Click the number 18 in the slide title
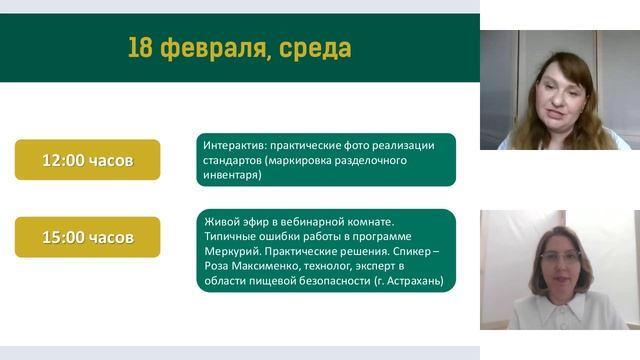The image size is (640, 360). click(x=141, y=48)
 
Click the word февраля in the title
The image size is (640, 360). click(x=211, y=48)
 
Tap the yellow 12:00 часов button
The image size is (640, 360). click(x=87, y=160)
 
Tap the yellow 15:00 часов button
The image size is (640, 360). click(x=87, y=237)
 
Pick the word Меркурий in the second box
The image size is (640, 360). click(x=229, y=252)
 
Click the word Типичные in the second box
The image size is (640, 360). click(x=231, y=236)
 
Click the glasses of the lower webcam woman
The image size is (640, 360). click(x=560, y=256)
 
